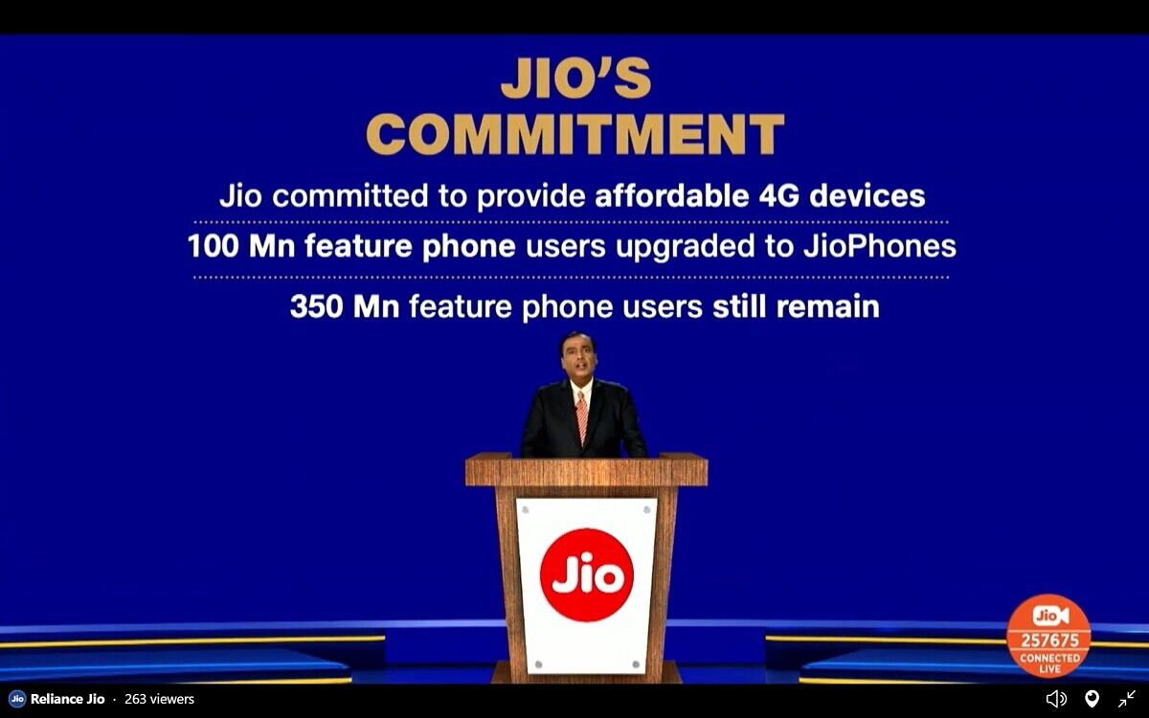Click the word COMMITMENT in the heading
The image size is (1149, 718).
coord(575,135)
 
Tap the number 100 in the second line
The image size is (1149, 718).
coord(215,246)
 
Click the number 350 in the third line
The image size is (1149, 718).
coord(318,306)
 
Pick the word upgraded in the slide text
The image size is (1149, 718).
coord(681,246)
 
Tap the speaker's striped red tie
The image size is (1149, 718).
coord(581,417)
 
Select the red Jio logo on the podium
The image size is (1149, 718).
coord(586,574)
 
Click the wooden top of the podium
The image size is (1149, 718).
coord(586,470)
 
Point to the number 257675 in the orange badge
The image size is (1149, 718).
coord(1048,639)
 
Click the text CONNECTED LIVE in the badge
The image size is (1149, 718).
coord(1048,663)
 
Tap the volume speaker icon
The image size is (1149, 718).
coord(1055,699)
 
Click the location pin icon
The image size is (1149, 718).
coord(1092,699)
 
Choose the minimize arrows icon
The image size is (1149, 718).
coord(1127,699)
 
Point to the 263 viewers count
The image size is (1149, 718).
coord(159,699)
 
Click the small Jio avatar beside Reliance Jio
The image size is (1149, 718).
coord(17,699)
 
